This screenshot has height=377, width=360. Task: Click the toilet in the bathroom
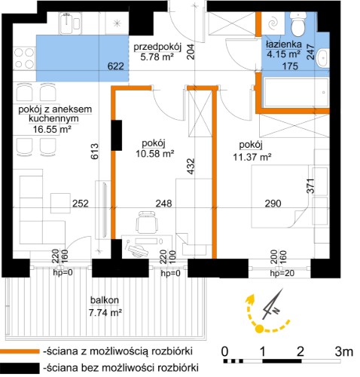coord(297,23)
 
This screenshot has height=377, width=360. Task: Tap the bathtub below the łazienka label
coord(295,93)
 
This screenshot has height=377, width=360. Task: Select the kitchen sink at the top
coord(70,23)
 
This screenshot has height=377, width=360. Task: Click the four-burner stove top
coord(24,58)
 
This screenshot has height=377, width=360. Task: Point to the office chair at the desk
coord(147,222)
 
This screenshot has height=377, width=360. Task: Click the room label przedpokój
coord(157,47)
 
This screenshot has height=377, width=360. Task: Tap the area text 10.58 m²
coord(155,153)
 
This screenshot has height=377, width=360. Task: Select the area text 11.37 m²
coord(252,158)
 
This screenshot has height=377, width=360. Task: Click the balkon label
coord(105,300)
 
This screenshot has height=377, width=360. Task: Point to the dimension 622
coord(116,66)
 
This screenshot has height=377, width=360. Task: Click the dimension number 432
coord(191,166)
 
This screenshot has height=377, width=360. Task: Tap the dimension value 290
coord(273,204)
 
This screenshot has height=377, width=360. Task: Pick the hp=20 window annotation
coord(282,273)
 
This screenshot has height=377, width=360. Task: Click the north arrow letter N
coord(276,311)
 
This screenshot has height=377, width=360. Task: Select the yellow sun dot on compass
coord(259,329)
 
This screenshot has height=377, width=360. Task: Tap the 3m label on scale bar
coord(344,351)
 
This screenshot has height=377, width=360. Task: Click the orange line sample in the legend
coord(20,351)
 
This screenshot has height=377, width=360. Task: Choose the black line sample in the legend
coord(20,368)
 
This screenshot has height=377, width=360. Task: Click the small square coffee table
coord(60,203)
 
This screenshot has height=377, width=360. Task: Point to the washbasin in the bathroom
coord(322,58)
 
